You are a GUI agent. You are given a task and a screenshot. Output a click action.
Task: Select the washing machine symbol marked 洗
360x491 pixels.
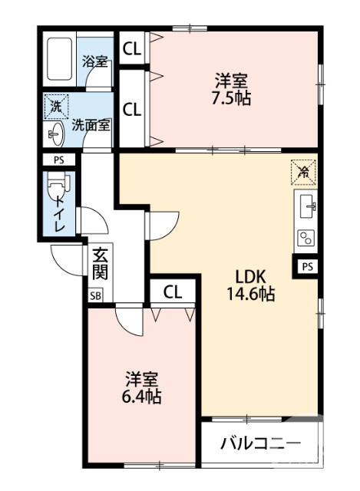point(55,105)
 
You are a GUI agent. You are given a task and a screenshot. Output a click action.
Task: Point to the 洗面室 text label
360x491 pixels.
point(91,124)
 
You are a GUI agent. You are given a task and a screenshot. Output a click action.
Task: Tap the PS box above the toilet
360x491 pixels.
point(58,160)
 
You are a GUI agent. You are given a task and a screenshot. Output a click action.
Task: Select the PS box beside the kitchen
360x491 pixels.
point(307,266)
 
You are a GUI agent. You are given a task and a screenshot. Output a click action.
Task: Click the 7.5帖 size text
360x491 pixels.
point(231,97)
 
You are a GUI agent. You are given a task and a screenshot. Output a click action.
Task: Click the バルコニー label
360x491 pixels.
point(251,443)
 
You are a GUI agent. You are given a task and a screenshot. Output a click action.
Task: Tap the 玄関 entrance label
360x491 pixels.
point(101,263)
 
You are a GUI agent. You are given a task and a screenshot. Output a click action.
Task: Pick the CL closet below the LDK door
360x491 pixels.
point(172,292)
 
